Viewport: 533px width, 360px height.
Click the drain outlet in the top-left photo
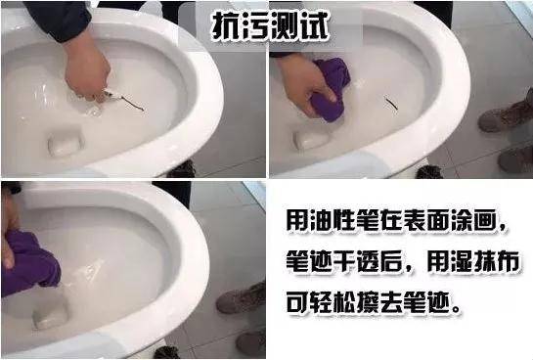66,144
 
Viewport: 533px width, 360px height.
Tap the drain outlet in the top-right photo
311,138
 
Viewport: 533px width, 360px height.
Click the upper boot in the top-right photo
506,115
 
